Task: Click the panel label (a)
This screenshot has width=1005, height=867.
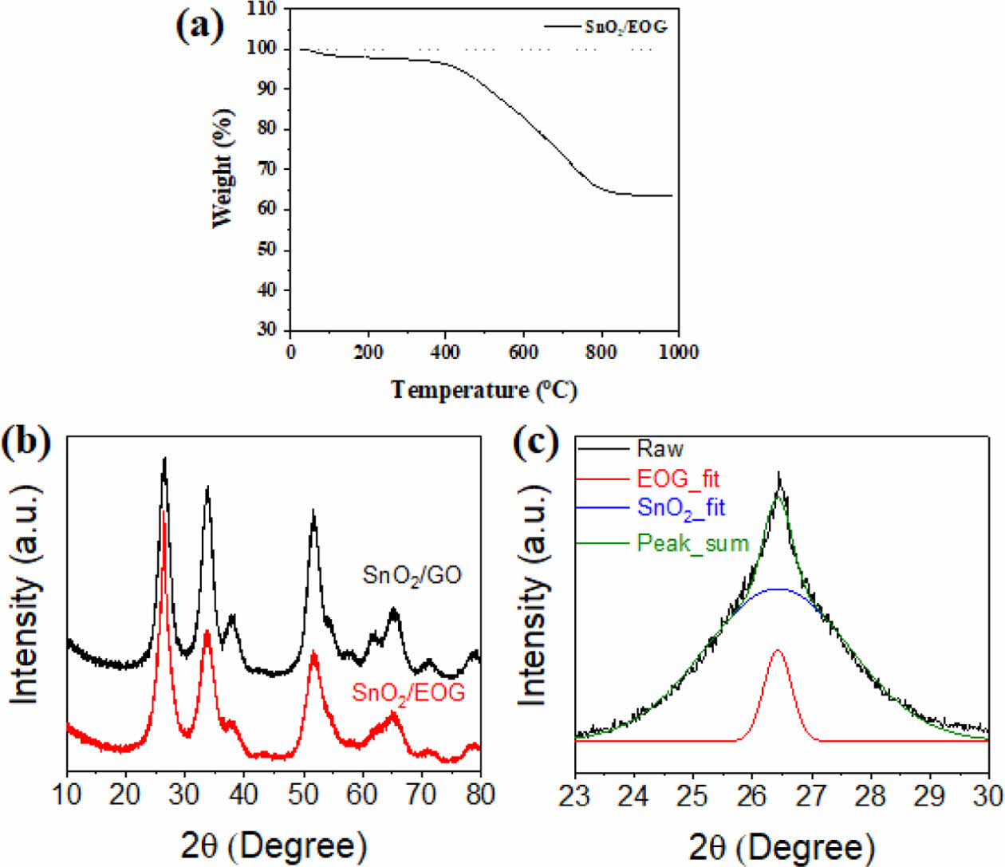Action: point(199,26)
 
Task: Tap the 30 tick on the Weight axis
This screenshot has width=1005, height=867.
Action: point(266,329)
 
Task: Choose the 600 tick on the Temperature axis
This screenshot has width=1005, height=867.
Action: point(523,352)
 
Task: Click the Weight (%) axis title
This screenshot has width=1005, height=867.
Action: point(224,168)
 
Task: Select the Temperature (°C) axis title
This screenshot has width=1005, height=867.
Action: point(483,390)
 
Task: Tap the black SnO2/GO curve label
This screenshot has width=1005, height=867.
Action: point(412,575)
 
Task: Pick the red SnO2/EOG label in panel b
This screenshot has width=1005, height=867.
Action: point(408,693)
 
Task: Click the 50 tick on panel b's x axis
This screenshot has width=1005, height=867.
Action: point(303,794)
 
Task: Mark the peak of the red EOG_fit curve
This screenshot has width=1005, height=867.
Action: point(778,650)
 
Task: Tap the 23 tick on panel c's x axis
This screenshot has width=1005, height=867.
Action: point(575,796)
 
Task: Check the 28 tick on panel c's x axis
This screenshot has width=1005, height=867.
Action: point(871,796)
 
